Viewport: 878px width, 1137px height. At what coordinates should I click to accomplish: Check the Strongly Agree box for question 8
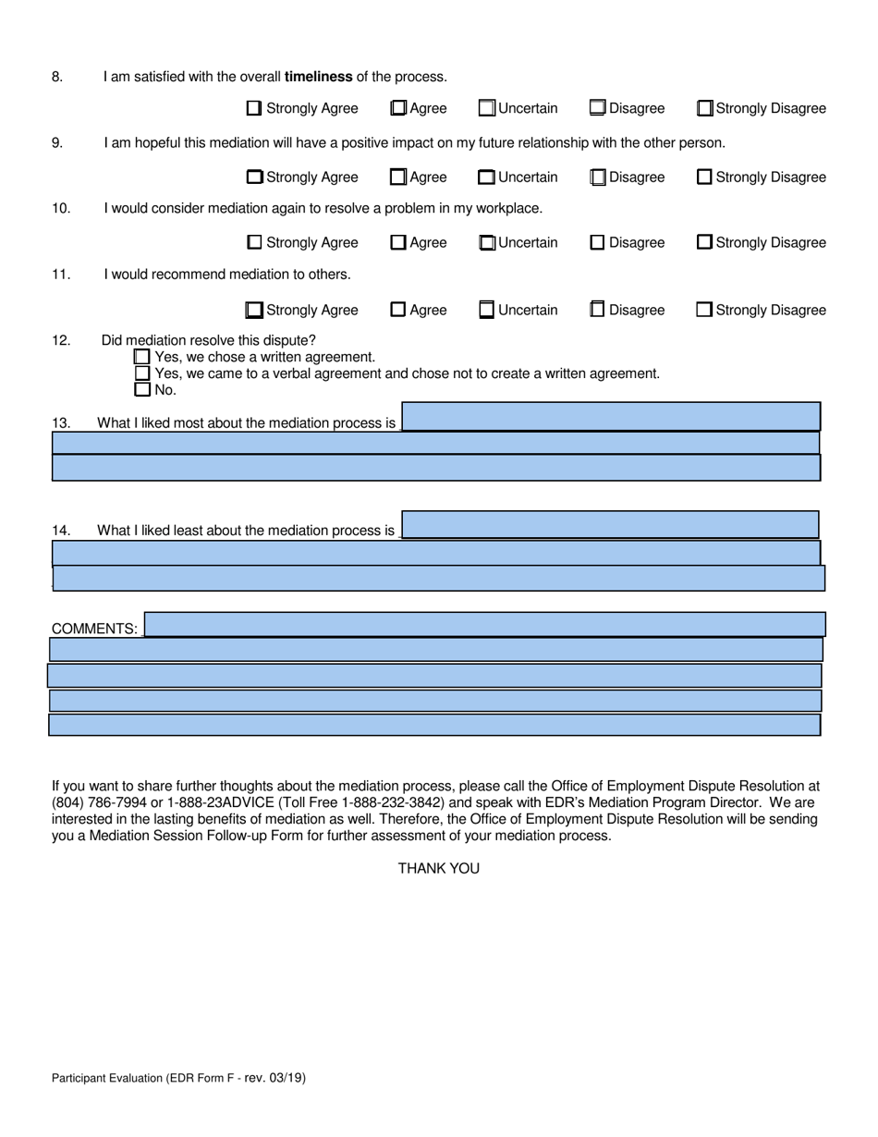tap(254, 108)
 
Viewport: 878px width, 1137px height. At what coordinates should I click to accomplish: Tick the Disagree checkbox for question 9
tap(598, 177)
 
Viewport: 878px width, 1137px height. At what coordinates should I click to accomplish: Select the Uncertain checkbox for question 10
tap(487, 243)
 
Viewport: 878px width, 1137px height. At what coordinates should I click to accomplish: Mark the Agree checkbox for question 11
tap(398, 310)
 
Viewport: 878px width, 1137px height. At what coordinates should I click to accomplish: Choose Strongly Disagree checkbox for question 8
tap(704, 108)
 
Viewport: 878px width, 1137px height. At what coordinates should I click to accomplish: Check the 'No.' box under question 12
tap(142, 389)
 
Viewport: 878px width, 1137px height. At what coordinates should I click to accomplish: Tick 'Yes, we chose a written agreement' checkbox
tap(142, 357)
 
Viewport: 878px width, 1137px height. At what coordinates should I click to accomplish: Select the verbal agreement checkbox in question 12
tap(142, 373)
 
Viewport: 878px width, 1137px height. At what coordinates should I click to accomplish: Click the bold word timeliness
tap(319, 77)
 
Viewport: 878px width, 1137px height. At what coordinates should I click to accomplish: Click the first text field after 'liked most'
tap(610, 417)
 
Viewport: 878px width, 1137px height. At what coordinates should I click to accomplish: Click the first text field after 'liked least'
tap(610, 525)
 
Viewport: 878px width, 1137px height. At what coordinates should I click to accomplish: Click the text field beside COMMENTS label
tap(485, 624)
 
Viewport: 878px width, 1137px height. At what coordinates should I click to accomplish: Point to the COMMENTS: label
tap(94, 629)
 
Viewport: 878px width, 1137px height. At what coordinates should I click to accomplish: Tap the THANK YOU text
tap(438, 868)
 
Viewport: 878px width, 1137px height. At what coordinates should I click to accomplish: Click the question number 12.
tap(61, 340)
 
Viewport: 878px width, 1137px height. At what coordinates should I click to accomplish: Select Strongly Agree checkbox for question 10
tap(254, 243)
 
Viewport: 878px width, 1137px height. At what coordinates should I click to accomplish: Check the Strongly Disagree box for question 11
tap(704, 310)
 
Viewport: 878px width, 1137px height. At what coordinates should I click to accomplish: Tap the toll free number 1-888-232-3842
tap(380, 802)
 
